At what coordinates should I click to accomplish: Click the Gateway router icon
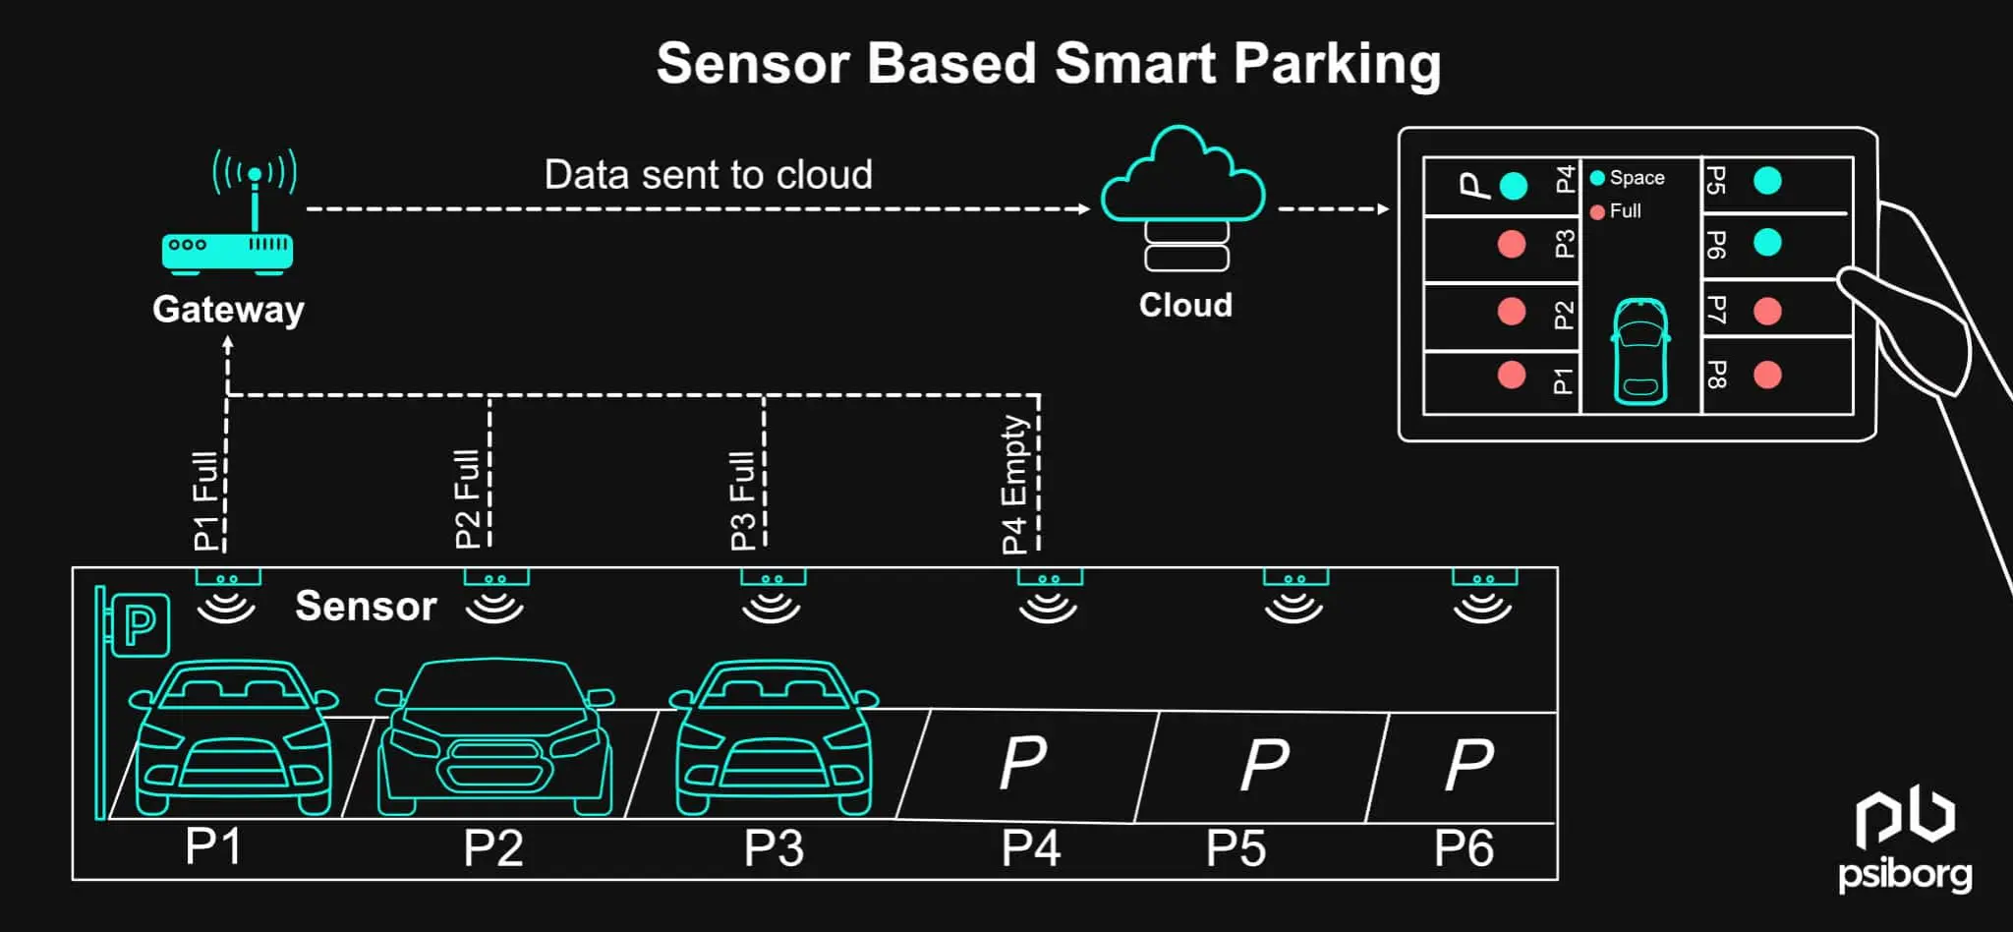pos(228,252)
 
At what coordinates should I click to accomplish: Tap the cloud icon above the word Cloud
pos(1182,177)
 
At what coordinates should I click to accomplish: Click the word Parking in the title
pos(1337,64)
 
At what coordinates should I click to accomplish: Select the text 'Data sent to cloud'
pos(708,175)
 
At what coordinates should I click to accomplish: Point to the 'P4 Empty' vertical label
pos(1013,484)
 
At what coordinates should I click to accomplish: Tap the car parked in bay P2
pos(495,737)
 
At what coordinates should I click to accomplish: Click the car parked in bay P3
pos(775,737)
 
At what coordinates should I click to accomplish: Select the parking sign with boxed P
pos(140,624)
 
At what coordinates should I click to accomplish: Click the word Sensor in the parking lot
pos(366,607)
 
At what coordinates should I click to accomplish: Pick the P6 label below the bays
pos(1464,848)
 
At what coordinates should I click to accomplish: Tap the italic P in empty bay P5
pos(1264,764)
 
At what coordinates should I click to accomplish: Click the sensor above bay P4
pos(1049,597)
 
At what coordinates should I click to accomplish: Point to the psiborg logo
pos(1905,841)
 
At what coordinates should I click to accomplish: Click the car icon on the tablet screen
pos(1640,351)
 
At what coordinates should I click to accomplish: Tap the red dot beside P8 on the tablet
pos(1767,375)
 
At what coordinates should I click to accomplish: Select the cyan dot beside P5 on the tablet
pos(1767,181)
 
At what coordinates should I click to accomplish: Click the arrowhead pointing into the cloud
pos(1083,208)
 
